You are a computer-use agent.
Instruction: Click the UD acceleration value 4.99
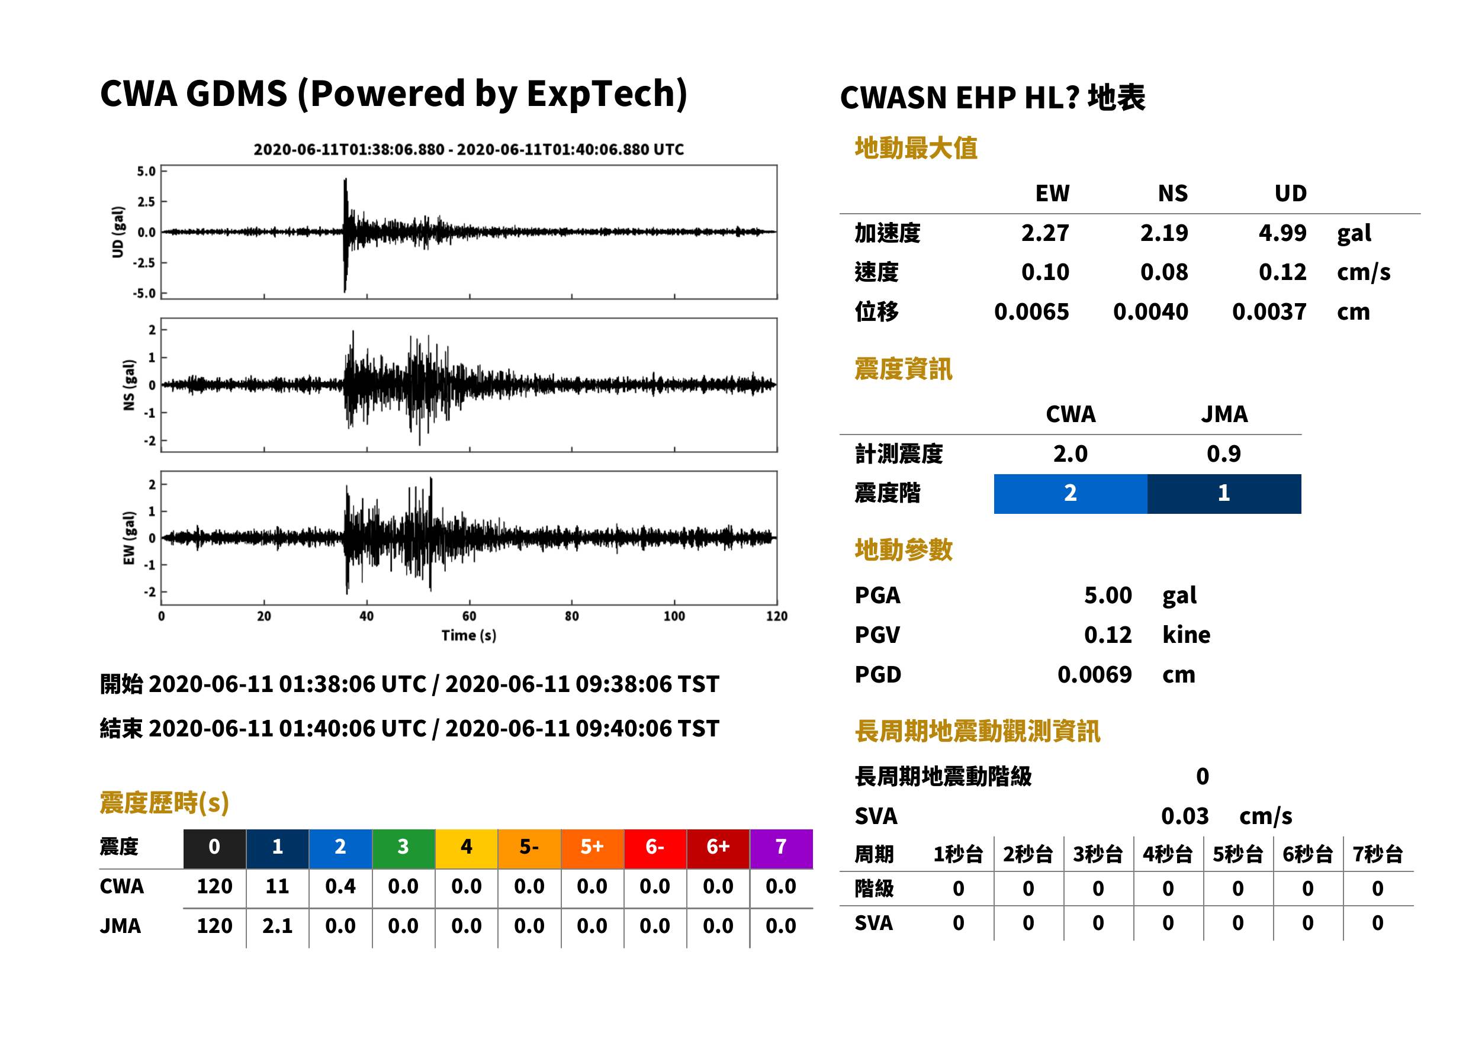1282,233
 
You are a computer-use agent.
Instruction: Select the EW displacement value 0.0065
1031,312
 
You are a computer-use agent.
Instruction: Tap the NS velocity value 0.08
1163,272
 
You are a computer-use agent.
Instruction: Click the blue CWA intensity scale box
1071,494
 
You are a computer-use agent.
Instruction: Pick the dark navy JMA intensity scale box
1224,494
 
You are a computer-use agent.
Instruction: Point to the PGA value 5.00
1108,595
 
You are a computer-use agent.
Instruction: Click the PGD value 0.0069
1094,674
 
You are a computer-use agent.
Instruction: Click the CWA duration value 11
277,886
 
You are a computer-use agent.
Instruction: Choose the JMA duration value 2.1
277,926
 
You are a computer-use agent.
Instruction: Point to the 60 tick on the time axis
469,616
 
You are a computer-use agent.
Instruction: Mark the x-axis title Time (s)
469,636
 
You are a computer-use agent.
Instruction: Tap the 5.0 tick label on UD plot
146,171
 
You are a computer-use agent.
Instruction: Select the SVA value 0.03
1185,816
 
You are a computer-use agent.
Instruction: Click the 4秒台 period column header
1167,855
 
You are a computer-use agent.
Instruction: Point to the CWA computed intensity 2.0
1071,453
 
